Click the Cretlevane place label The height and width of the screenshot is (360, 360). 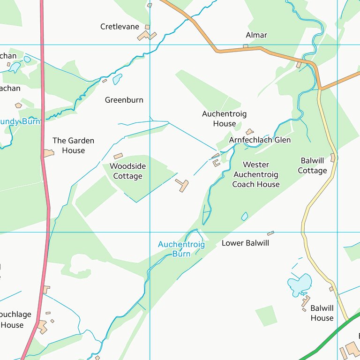pos(120,27)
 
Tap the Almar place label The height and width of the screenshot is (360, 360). pos(256,35)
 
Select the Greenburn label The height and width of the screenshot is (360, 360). pos(124,100)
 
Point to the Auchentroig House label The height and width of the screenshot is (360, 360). pos(224,119)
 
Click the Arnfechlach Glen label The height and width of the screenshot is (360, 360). pos(260,140)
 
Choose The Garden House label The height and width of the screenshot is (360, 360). pos(73,145)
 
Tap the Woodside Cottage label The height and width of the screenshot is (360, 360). pos(127,171)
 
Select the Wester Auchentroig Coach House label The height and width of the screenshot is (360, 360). pos(256,174)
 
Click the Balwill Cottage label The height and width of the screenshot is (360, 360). pos(312,165)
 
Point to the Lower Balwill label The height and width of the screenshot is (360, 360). pos(245,243)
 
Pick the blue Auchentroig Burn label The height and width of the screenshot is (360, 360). pos(181,249)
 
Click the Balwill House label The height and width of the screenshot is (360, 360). pos(322,313)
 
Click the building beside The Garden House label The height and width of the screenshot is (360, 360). pos(49,153)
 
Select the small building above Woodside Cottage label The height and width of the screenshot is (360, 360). pos(118,156)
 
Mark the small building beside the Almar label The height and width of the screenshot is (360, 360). pos(245,46)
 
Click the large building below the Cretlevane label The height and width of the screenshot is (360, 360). pos(146,36)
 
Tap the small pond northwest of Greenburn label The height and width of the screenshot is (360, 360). pos(117,79)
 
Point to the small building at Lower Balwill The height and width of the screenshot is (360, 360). pos(270,233)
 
